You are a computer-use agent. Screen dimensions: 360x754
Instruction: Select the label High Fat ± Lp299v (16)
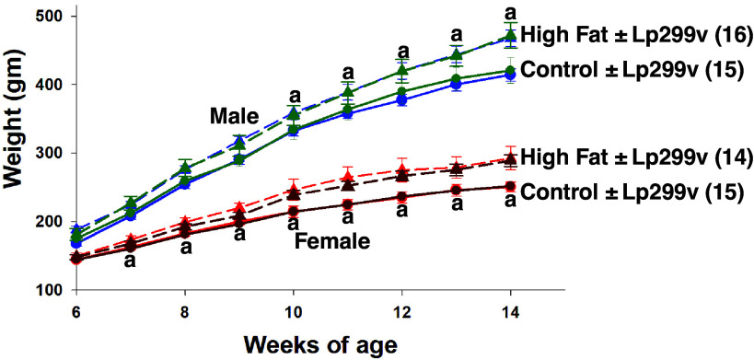(x=634, y=34)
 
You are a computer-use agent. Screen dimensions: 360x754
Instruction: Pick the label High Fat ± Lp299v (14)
(x=634, y=157)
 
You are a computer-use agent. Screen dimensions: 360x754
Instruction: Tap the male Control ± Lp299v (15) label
(x=634, y=69)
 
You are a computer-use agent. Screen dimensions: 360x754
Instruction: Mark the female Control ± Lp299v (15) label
(x=634, y=192)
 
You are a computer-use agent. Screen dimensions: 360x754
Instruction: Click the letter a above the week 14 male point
(x=511, y=12)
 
